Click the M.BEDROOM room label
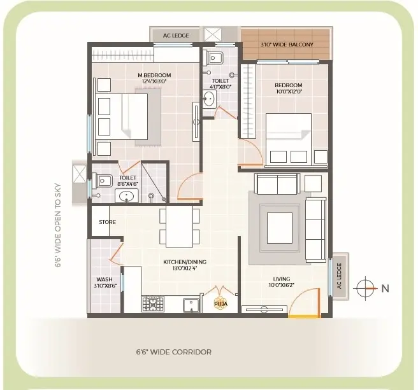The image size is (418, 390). pyautogui.click(x=154, y=75)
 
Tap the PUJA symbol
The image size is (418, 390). pyautogui.click(x=220, y=303)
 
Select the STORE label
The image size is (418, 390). pyautogui.click(x=108, y=222)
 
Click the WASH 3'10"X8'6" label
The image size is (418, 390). pyautogui.click(x=105, y=282)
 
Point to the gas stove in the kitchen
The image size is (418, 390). pyautogui.click(x=153, y=304)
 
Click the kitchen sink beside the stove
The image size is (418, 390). pyautogui.click(x=191, y=305)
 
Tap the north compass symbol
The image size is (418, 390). pyautogui.click(x=366, y=288)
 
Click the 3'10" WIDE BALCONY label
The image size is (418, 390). pyautogui.click(x=287, y=45)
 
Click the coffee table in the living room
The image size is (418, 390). pyautogui.click(x=280, y=228)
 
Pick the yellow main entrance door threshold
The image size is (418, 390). pyautogui.click(x=305, y=316)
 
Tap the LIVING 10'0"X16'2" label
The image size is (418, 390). pyautogui.click(x=282, y=282)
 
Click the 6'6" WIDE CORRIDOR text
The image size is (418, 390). pyautogui.click(x=174, y=352)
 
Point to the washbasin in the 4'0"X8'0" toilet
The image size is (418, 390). pyautogui.click(x=209, y=99)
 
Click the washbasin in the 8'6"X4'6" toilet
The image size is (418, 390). pyautogui.click(x=127, y=196)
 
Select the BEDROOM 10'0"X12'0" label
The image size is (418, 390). pyautogui.click(x=289, y=88)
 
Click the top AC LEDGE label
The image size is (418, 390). pyautogui.click(x=176, y=36)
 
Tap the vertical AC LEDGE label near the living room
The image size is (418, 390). pyautogui.click(x=339, y=275)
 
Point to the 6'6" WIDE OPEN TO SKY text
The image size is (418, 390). pyautogui.click(x=58, y=225)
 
